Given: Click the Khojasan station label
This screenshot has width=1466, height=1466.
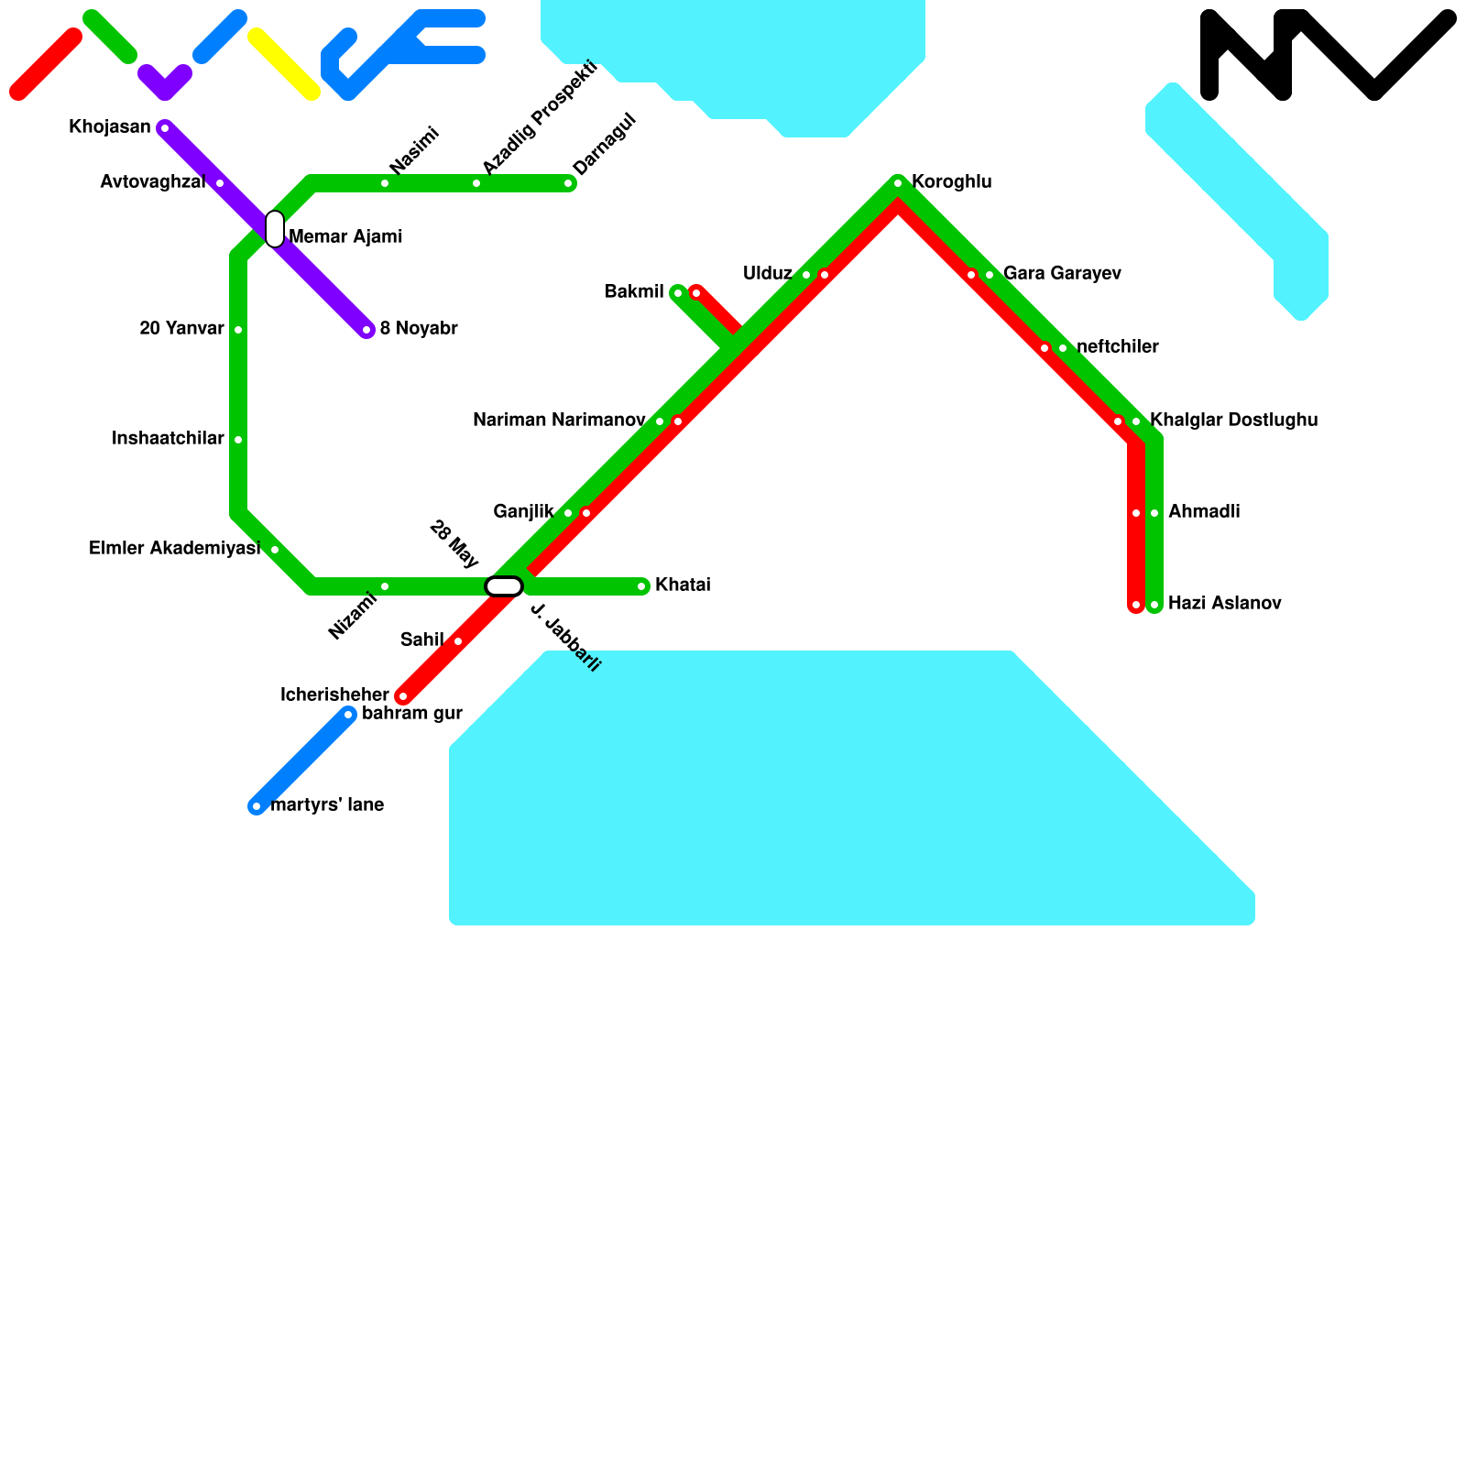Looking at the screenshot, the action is tap(110, 127).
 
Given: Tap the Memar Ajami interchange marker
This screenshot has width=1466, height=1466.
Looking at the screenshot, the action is tap(275, 229).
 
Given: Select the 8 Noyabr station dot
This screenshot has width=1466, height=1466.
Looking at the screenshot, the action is tap(366, 330).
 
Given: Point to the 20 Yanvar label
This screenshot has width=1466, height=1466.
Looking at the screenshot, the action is tap(181, 329).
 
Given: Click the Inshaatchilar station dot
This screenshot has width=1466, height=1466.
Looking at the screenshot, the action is tap(238, 440).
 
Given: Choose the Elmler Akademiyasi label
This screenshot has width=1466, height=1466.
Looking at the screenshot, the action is tap(174, 549).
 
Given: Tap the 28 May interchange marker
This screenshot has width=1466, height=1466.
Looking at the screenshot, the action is tap(504, 586).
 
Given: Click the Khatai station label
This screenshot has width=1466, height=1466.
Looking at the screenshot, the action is tap(683, 585).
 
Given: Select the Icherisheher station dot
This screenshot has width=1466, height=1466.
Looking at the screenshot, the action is tap(403, 696).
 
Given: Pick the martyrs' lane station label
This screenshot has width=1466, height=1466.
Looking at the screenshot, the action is tap(327, 805).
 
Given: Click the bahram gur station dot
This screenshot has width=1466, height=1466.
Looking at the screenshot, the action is tap(348, 715).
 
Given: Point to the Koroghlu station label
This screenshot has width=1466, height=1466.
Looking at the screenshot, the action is tap(951, 182).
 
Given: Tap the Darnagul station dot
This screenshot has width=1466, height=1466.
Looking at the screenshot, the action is tap(568, 183).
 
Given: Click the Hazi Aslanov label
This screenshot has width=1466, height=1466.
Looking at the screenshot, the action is tap(1224, 604).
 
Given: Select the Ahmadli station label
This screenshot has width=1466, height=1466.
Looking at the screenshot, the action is tap(1204, 512).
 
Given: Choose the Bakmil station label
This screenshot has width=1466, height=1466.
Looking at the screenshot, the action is tap(634, 292).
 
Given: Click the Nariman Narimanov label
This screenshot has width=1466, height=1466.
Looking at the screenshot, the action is tap(559, 421).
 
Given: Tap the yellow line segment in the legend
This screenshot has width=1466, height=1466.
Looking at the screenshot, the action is tap(284, 64).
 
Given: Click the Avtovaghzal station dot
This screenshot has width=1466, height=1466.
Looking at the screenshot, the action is tap(220, 183).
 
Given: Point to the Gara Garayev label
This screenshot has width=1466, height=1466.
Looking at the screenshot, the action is tap(1062, 274).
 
